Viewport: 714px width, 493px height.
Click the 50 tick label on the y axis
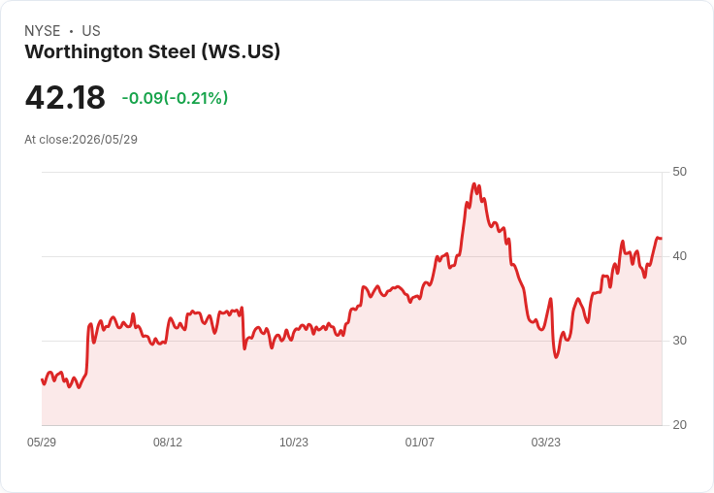coord(679,172)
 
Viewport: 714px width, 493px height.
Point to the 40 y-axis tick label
coord(679,256)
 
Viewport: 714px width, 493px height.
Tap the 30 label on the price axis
coord(679,341)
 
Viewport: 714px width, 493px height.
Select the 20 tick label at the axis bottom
coord(679,425)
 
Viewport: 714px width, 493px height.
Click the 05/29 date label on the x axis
coord(42,442)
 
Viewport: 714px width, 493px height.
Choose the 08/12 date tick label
coord(168,442)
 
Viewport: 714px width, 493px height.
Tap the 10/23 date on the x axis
coord(294,442)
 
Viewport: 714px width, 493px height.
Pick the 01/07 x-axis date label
coord(420,442)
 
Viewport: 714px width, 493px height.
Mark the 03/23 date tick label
coord(546,442)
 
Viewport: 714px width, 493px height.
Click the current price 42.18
coord(65,97)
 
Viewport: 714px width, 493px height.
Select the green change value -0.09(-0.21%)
coord(175,98)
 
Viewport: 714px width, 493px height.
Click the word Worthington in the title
coord(84,52)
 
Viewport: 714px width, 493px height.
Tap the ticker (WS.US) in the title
coord(241,52)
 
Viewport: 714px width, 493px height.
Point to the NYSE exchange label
coord(43,31)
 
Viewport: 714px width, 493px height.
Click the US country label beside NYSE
coord(91,31)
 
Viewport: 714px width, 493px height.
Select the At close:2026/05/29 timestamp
coord(81,140)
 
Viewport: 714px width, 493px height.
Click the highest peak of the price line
coord(474,184)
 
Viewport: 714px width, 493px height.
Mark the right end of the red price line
coord(662,239)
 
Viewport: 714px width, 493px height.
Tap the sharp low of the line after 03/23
coord(556,357)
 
